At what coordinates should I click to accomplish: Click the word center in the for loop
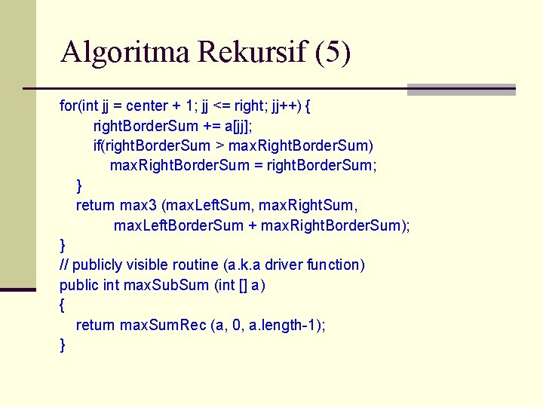(x=147, y=106)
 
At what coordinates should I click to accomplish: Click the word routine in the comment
(x=198, y=265)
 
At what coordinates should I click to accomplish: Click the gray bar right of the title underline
(x=461, y=89)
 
